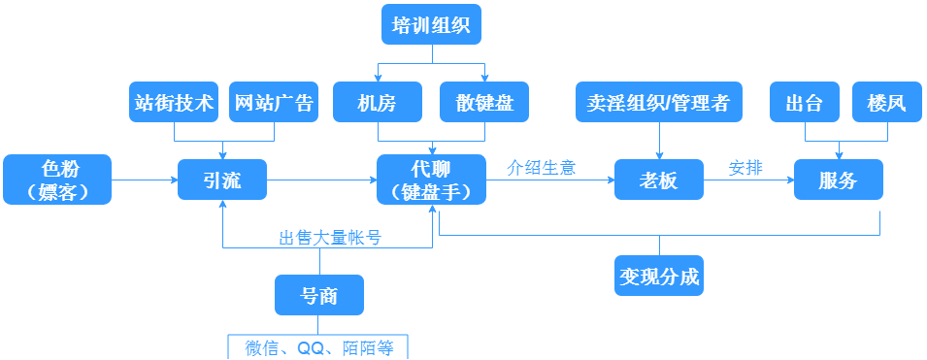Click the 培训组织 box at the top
pos(431,24)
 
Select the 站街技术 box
pos(174,102)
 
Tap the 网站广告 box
pos(273,102)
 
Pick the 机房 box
pos(378,102)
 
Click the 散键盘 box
pos(484,102)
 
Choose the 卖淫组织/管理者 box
pos(659,102)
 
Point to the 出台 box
pos(805,102)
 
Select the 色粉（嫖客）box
pos(57,180)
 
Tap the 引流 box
pos(222,180)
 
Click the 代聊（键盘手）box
pos(431,180)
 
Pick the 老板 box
pos(659,180)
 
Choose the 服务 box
pos(839,180)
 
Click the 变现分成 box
pos(659,276)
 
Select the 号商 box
pos(319,295)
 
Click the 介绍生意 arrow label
pos(542,167)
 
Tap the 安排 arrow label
pos(745,167)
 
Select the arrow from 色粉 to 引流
pos(145,180)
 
